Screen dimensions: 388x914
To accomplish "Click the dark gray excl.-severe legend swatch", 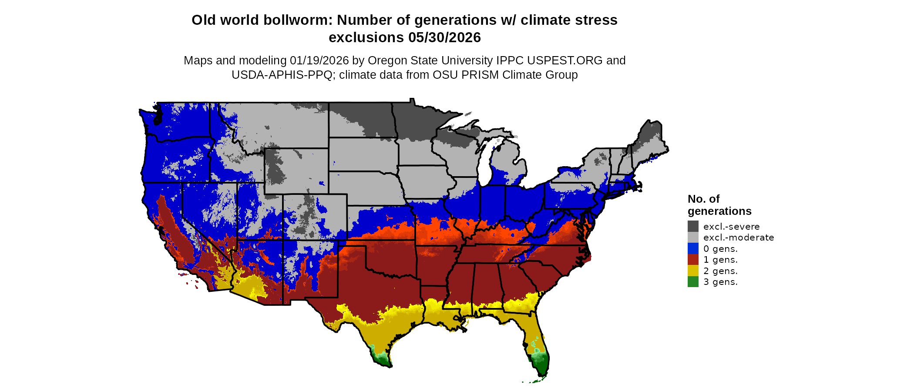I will pos(693,226).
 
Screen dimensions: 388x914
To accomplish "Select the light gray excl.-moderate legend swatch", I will pos(693,237).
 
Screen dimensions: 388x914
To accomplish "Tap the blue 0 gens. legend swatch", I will pos(693,248).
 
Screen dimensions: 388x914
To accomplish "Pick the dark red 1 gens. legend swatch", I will pos(693,260).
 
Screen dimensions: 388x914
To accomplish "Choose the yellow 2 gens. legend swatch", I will pos(693,271).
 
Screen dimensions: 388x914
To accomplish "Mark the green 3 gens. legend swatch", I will pos(693,282).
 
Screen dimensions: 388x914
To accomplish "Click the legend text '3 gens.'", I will pos(720,282).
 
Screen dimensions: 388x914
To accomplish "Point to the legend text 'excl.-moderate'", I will pos(739,237).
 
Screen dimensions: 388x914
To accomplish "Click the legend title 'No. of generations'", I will pos(719,205).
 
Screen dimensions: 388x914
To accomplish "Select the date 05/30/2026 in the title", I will pos(444,37).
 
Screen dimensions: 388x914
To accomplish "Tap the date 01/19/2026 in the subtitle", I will pos(319,60).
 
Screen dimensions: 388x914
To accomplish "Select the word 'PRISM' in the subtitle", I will pos(480,75).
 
